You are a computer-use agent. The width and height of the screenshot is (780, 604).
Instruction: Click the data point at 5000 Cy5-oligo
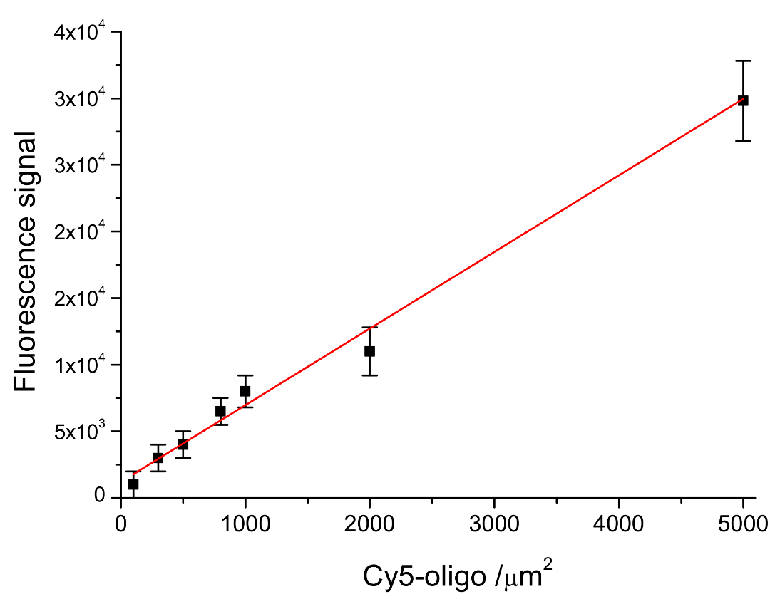743,100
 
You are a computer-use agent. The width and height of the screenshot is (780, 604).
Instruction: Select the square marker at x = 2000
369,351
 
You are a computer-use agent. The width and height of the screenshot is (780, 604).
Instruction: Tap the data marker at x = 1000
245,391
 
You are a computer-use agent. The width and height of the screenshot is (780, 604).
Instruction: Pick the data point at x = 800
220,411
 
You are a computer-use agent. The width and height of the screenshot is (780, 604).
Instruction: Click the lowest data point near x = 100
133,484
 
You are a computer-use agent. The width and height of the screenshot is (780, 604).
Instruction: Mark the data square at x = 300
158,458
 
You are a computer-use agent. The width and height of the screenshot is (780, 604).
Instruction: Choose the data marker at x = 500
183,444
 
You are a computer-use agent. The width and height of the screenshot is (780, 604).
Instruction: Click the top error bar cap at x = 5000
743,61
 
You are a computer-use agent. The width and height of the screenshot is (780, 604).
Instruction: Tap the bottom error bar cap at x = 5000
743,141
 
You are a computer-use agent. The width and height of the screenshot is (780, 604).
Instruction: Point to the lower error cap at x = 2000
369,375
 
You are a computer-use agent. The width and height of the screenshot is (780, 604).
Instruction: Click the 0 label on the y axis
101,496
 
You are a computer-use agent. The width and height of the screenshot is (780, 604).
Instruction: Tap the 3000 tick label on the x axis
494,525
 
